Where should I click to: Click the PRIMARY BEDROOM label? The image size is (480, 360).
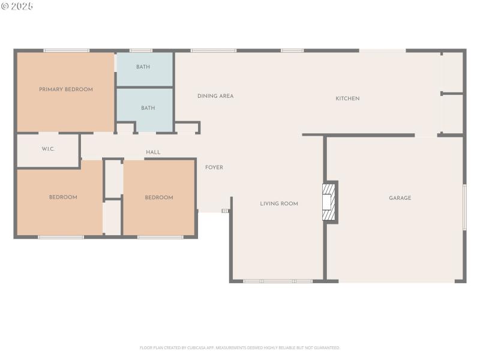(x=66, y=89)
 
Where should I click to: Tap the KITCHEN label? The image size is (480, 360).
(x=347, y=98)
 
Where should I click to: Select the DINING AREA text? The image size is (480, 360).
(x=215, y=96)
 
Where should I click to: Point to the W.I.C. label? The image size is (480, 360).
(x=49, y=149)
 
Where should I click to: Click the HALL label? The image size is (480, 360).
(x=153, y=152)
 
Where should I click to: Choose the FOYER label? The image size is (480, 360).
(x=214, y=167)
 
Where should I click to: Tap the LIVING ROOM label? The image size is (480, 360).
(x=279, y=204)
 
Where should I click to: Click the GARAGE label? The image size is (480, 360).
(x=400, y=198)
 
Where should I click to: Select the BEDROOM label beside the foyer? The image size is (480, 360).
(x=159, y=197)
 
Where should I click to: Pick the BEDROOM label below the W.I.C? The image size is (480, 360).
(x=63, y=197)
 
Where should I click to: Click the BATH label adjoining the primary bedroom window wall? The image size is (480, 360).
(x=143, y=67)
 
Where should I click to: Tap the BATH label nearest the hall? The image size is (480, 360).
(x=148, y=108)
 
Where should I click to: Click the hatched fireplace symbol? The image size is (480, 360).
(x=328, y=202)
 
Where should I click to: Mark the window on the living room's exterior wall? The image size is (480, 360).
(x=277, y=281)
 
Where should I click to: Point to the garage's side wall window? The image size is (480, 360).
(x=464, y=207)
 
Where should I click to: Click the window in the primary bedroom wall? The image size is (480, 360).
(x=66, y=50)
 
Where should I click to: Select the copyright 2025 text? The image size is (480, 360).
(x=17, y=6)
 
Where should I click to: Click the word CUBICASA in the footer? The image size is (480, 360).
(x=196, y=347)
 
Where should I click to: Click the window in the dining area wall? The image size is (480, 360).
(x=213, y=50)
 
